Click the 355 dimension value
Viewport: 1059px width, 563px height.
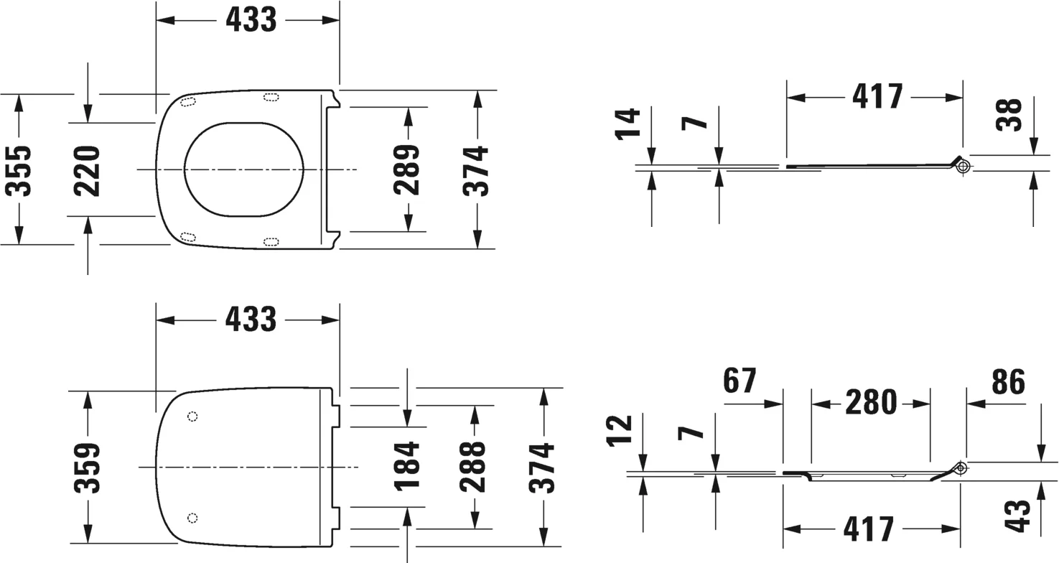[18, 171]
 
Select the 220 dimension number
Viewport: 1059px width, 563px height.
[87, 171]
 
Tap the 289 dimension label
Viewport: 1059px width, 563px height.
[406, 169]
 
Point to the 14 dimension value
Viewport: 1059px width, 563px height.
[628, 124]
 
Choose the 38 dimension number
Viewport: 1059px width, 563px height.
[1009, 115]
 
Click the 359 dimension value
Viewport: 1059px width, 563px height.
[87, 468]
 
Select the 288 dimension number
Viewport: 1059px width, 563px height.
[472, 467]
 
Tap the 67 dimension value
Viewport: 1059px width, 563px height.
[740, 381]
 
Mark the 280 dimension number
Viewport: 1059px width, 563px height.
[871, 402]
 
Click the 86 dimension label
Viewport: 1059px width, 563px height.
[1009, 381]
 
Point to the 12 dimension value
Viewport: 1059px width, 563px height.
[620, 430]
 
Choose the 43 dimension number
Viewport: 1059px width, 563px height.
[1017, 516]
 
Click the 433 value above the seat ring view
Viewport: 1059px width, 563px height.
[251, 20]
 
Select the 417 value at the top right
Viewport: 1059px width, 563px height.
[878, 96]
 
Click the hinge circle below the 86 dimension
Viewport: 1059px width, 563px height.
[961, 469]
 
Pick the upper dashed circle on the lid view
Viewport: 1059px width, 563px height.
[192, 417]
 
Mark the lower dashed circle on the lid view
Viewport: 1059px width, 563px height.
[192, 518]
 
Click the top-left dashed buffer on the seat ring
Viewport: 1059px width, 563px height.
[188, 102]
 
